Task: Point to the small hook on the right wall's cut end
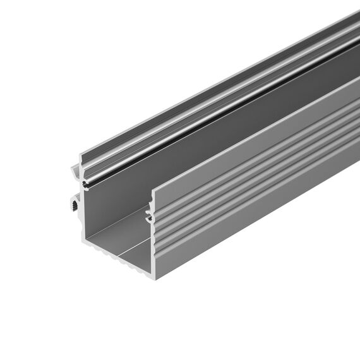click(150, 217)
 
